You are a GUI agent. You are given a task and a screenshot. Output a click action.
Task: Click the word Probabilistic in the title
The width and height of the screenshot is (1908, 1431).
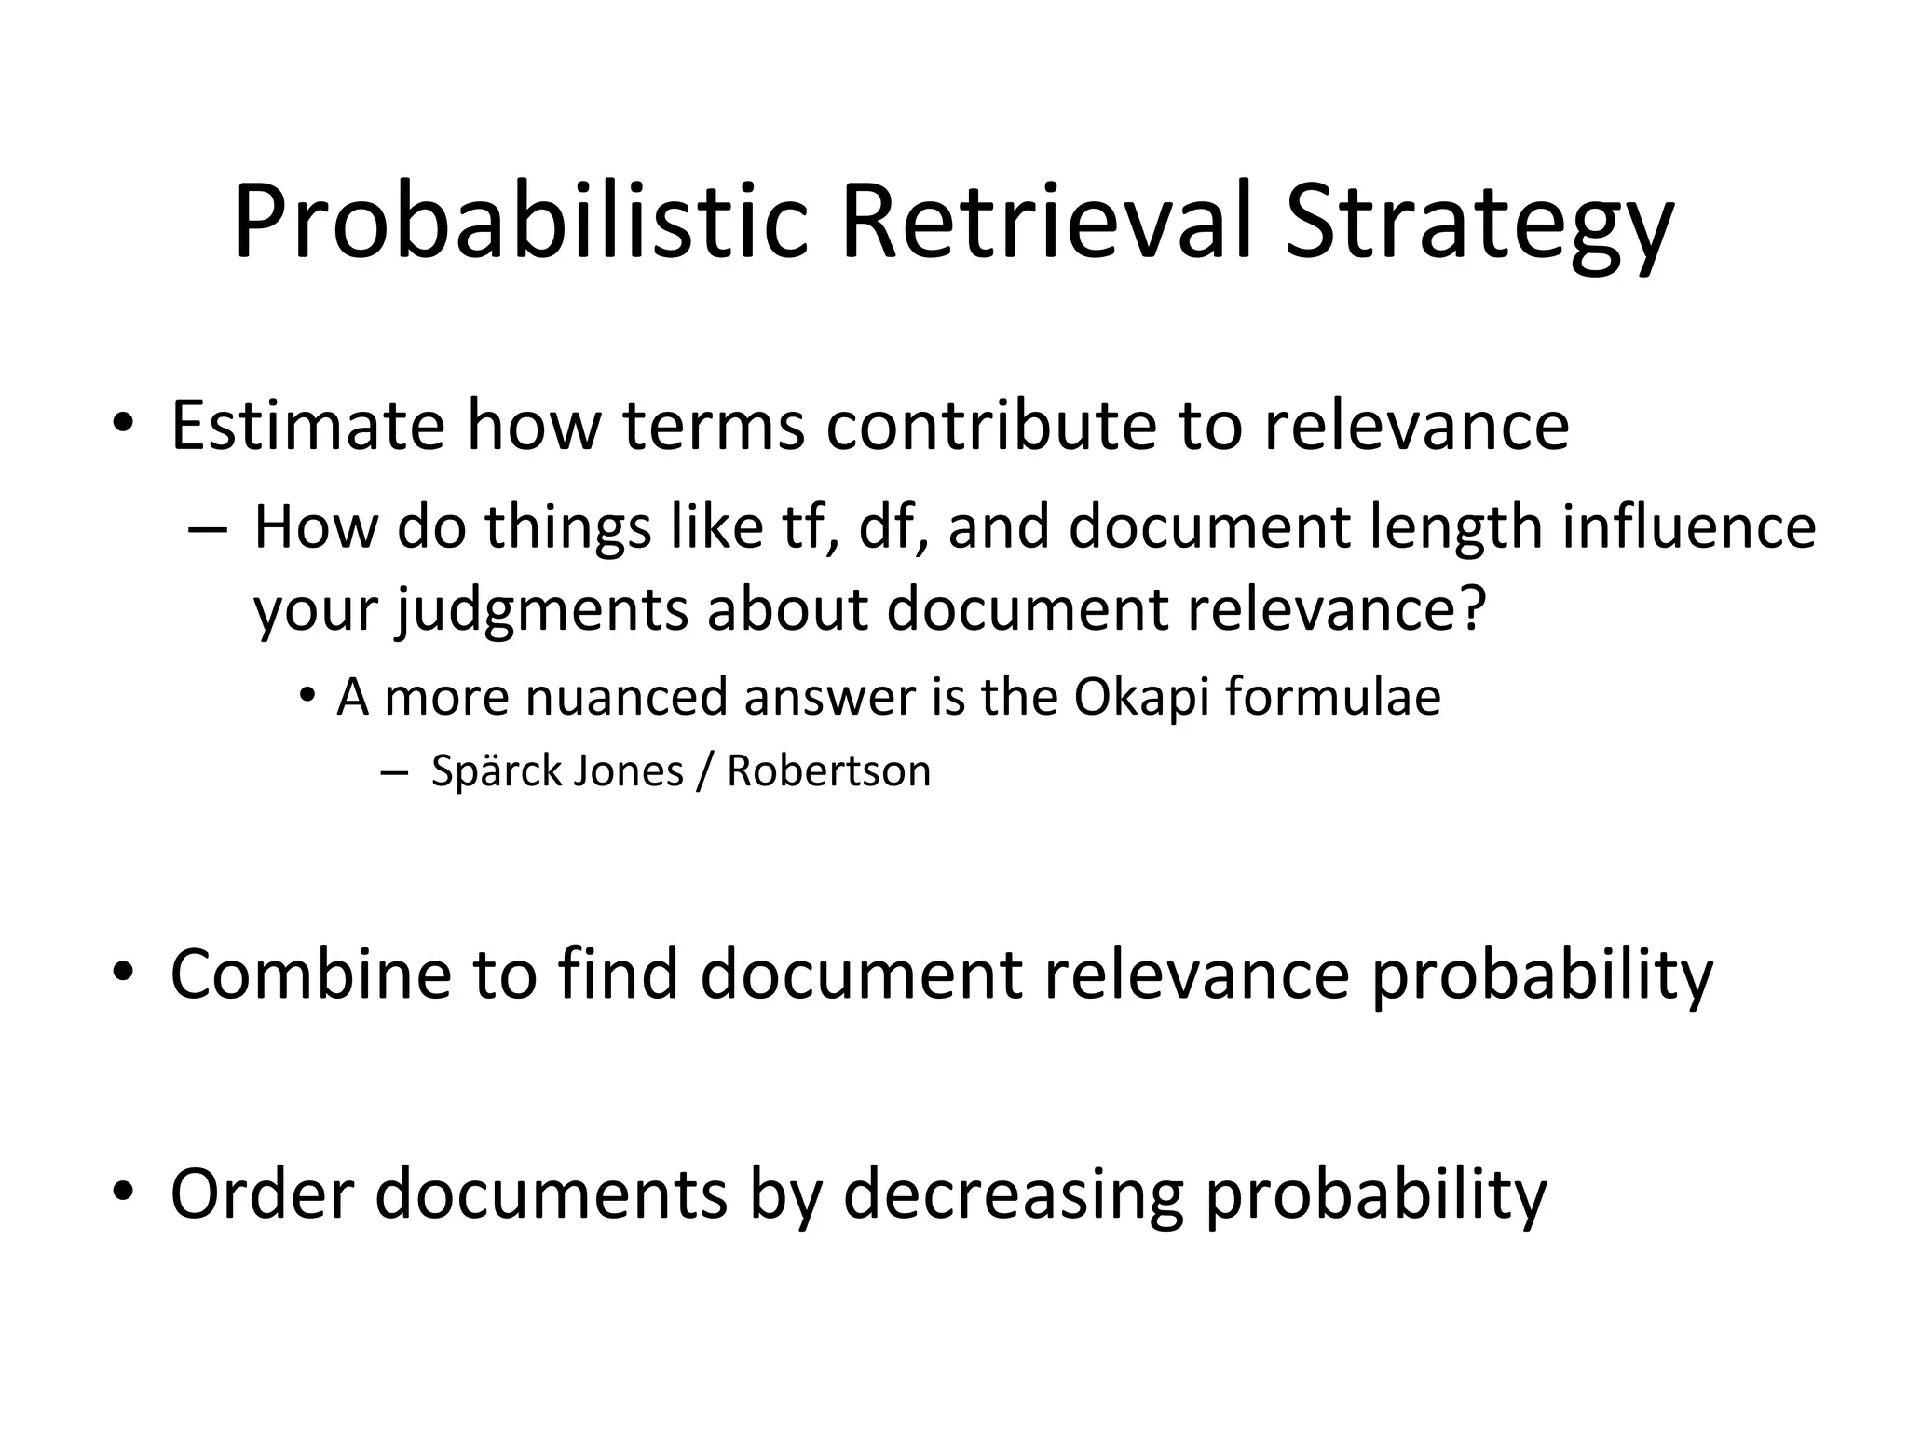click(x=520, y=224)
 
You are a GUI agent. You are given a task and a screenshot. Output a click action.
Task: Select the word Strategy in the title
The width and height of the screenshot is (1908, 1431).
click(x=1479, y=224)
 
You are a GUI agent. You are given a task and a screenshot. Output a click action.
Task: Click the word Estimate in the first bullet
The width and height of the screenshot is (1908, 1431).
click(x=307, y=425)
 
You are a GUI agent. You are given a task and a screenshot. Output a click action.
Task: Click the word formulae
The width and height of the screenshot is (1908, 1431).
click(x=1332, y=696)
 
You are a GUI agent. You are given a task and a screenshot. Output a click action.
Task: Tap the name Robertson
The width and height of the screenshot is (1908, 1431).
click(x=828, y=771)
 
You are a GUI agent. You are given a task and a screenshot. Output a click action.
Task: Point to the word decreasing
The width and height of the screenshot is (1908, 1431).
click(x=1013, y=1195)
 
